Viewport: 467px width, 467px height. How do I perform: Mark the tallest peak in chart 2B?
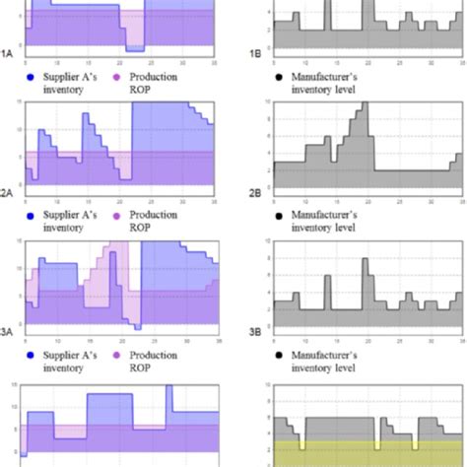tap(366, 104)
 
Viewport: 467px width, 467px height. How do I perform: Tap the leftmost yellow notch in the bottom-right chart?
tap(303, 446)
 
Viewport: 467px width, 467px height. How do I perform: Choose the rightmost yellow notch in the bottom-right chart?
tap(418, 446)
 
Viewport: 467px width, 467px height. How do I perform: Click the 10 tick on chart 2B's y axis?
tap(261, 101)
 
